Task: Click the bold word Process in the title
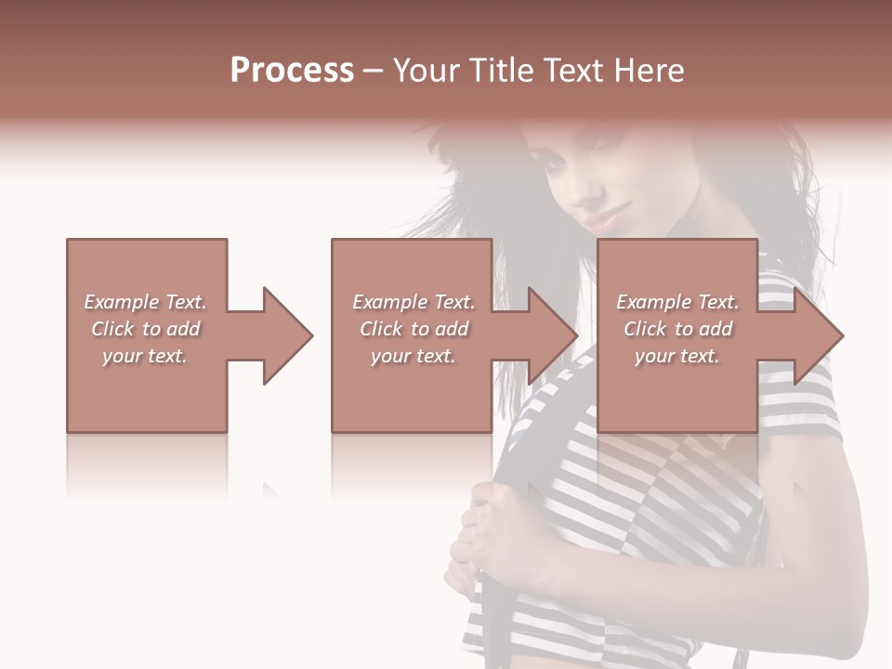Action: tap(292, 71)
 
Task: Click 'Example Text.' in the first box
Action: tap(146, 302)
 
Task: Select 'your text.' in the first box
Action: tap(146, 356)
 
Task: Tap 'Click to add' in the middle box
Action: tap(413, 329)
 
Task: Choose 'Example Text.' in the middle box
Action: tap(413, 302)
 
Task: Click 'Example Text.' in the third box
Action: tap(677, 302)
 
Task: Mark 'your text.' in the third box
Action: tap(677, 356)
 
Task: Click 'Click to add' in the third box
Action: tap(677, 329)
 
